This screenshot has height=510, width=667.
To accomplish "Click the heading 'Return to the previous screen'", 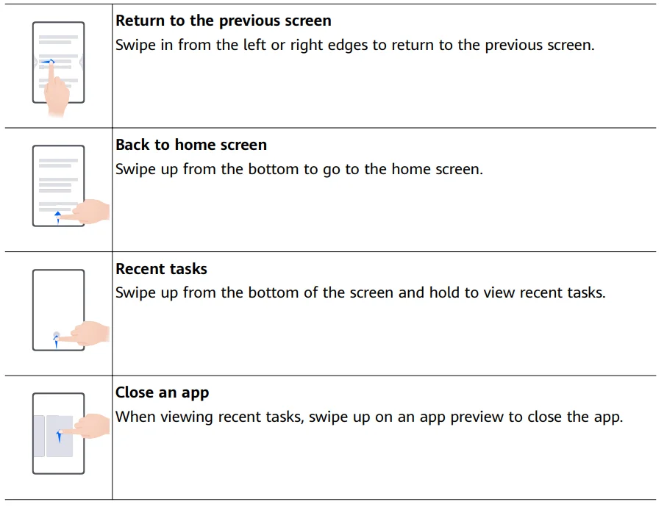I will point(224,21).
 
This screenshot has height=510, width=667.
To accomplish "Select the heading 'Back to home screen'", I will point(191,145).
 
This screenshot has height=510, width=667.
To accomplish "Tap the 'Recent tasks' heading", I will point(161,269).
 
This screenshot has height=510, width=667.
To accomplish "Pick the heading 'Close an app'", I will point(163,393).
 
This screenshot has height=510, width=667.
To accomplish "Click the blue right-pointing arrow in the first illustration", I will point(48,62).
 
